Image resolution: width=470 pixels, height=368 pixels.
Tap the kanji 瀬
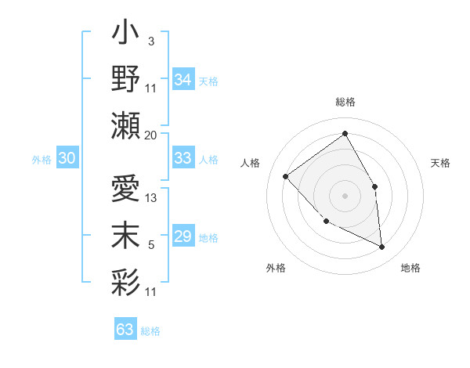[125, 125]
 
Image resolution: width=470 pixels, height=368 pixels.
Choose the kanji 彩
[125, 281]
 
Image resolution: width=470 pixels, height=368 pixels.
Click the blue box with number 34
[183, 80]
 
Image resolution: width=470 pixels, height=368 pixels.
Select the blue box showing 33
[183, 158]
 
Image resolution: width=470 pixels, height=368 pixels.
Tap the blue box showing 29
[183, 236]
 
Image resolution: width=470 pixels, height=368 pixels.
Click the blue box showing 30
[67, 158]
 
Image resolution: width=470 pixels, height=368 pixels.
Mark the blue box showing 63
[125, 329]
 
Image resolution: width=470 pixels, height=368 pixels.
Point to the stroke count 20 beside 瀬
[150, 135]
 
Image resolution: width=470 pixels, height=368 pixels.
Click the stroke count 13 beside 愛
[152, 198]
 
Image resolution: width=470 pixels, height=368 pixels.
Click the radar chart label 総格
[345, 102]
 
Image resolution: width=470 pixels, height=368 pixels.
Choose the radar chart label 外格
[276, 268]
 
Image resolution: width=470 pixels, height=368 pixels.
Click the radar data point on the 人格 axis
[286, 176]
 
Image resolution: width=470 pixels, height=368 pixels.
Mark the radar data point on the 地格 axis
[381, 247]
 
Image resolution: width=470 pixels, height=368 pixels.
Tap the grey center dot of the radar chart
[345, 195]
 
